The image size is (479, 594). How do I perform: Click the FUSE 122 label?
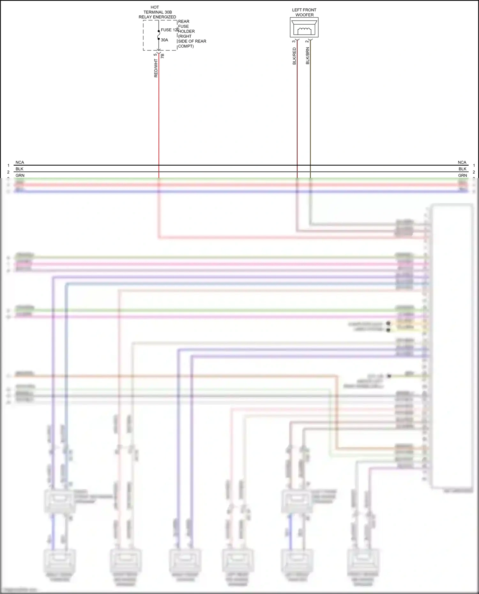click(x=170, y=30)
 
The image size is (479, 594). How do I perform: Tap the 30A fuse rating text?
click(x=164, y=40)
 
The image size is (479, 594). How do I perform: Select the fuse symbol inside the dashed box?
click(x=159, y=35)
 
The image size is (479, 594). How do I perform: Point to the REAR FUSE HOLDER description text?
click(x=192, y=34)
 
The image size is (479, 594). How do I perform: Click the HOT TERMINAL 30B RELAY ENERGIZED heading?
click(x=157, y=12)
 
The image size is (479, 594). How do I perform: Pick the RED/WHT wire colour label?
click(x=156, y=68)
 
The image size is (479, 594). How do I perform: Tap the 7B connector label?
click(x=163, y=56)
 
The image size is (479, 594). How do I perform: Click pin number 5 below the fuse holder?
click(x=155, y=55)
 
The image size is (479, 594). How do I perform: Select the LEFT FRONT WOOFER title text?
click(x=304, y=12)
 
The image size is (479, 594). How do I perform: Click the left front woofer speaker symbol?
click(x=304, y=27)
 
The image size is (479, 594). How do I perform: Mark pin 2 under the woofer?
click(x=307, y=41)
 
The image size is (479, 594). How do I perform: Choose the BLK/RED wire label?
click(x=294, y=56)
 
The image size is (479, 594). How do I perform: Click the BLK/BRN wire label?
click(x=308, y=56)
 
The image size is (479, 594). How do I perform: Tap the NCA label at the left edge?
click(x=20, y=162)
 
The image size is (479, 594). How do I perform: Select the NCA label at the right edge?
click(x=462, y=162)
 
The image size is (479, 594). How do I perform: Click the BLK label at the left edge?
click(x=19, y=169)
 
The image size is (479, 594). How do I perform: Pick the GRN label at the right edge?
click(x=462, y=176)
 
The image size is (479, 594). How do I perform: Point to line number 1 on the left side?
click(x=9, y=166)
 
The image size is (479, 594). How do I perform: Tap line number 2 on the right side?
click(x=474, y=172)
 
